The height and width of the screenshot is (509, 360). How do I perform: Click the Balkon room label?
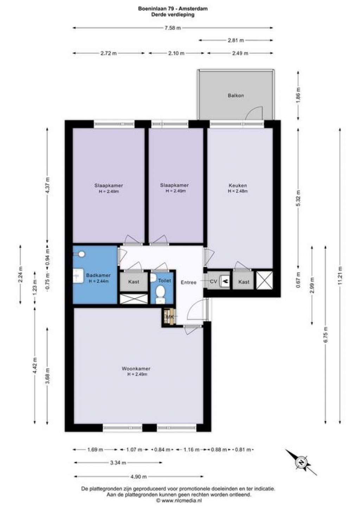coord(236,96)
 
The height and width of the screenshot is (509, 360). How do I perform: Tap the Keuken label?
coord(238,186)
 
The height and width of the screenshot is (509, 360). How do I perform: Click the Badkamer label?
coord(98,275)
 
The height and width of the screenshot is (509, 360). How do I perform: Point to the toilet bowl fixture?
coord(161,294)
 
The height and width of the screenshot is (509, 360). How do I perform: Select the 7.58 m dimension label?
coord(173,28)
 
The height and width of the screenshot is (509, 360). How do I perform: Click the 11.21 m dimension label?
coord(340,276)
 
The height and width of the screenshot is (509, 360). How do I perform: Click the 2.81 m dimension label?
coord(236,40)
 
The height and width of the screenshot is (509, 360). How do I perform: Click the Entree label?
coord(188,283)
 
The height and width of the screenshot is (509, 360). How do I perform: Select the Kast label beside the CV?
coord(244,282)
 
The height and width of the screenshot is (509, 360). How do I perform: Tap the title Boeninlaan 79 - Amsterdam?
coord(173,9)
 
